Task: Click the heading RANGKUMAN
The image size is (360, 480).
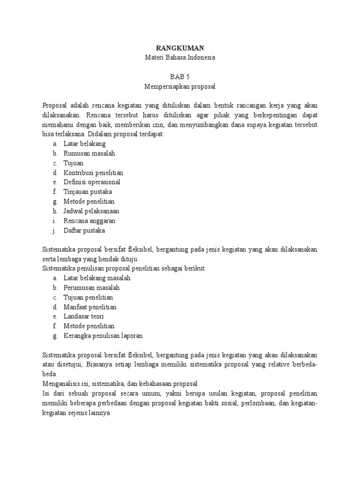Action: click(180, 48)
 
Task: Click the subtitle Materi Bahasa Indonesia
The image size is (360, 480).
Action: click(180, 57)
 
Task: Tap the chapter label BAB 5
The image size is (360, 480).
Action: click(180, 77)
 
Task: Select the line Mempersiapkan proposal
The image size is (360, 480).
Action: click(180, 86)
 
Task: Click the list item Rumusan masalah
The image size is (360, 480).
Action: click(90, 153)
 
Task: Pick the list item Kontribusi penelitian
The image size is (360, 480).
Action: click(93, 172)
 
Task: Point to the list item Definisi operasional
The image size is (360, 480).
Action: click(92, 182)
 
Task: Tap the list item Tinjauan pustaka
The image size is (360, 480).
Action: click(88, 192)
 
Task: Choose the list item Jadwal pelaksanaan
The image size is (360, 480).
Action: click(91, 211)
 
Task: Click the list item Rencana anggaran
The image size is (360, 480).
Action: click(90, 221)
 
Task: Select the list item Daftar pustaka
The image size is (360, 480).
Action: click(84, 231)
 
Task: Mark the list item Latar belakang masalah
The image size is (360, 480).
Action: click(97, 278)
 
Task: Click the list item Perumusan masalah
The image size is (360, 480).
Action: click(92, 287)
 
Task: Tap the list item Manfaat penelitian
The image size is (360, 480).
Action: click(90, 307)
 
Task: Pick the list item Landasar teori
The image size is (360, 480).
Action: click(84, 316)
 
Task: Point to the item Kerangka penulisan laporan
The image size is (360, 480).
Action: click(103, 336)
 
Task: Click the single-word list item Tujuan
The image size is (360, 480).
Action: click(74, 163)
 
